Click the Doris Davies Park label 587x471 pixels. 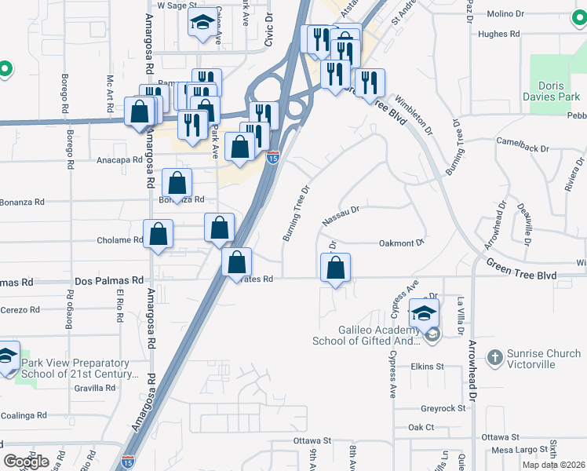[559, 91]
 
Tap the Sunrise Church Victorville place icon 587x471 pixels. [494, 358]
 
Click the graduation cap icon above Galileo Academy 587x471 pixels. [424, 312]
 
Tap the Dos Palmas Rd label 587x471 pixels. [109, 280]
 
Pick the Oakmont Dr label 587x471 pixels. [402, 243]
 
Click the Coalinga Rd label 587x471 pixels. [24, 415]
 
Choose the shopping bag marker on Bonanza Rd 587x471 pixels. [177, 183]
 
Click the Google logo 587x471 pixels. [26, 461]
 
